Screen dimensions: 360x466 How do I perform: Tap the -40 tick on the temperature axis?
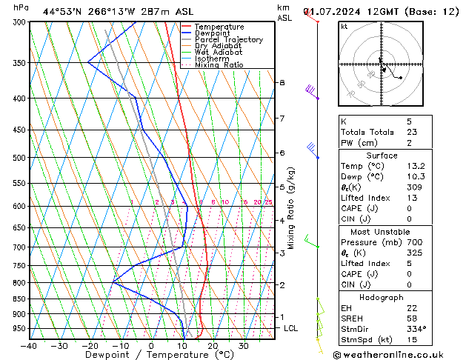pos(30,345)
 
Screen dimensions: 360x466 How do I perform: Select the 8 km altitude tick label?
pos(282,82)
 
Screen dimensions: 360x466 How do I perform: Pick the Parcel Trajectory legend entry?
pos(228,39)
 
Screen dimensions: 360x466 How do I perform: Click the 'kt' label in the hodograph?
pos(344,26)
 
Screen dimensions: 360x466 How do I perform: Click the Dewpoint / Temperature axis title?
pos(151,356)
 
